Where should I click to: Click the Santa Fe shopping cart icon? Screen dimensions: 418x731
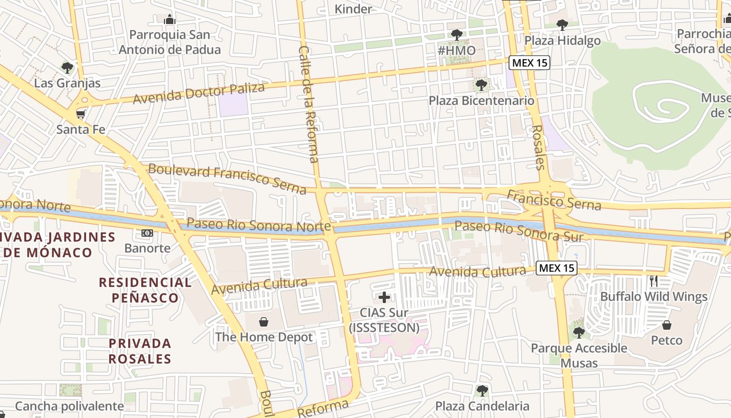coord(80,114)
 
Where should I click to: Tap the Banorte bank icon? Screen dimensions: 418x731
coord(147,233)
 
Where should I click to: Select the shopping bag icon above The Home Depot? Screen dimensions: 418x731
coord(264,322)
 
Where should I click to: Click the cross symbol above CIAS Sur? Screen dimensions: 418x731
coord(384,298)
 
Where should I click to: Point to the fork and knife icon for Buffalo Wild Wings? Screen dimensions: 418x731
coord(654,281)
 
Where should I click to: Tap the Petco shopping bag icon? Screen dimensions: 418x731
coord(667,325)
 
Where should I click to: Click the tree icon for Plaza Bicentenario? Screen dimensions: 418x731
coord(481,85)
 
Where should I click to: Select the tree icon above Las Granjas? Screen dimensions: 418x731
coord(67,68)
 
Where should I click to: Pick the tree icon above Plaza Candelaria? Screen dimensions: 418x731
coord(482,390)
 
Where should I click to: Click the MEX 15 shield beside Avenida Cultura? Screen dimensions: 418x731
coord(557,269)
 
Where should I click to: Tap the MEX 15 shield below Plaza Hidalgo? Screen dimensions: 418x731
coord(529,63)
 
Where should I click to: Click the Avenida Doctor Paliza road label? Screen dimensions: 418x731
coord(198,93)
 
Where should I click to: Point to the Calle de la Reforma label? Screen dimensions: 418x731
coord(308,104)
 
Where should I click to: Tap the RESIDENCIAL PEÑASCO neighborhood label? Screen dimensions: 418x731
coord(146,290)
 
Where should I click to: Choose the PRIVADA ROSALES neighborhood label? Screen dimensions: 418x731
coord(140,351)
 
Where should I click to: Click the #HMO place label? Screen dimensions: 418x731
coord(456,51)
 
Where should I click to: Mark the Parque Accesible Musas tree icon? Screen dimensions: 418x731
coord(578,332)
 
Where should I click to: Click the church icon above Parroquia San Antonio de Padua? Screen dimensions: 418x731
coord(170,20)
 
